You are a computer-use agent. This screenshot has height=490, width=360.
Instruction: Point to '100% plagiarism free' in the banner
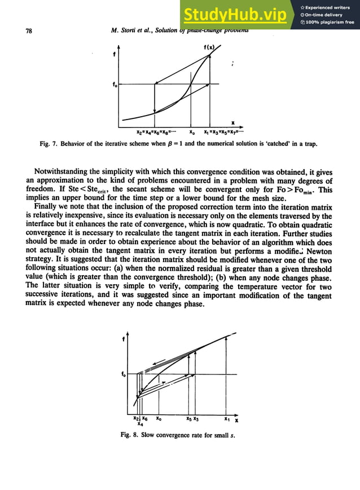(330, 23)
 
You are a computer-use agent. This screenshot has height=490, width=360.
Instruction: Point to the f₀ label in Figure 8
(124, 374)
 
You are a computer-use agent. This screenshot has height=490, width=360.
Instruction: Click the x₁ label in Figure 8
(226, 419)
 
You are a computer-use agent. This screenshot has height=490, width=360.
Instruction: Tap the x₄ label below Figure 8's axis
(140, 425)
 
